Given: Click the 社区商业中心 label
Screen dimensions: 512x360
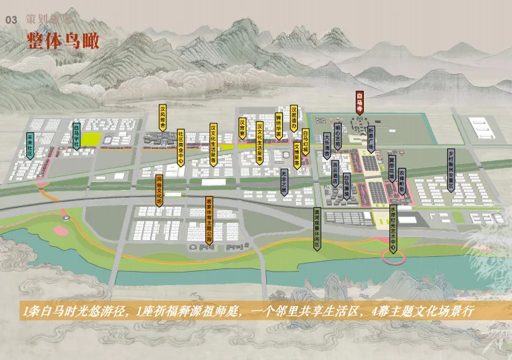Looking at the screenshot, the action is pos(181,148).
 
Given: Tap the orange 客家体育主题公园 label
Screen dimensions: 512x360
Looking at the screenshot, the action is pos(210,220).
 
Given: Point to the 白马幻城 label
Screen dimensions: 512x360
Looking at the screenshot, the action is pos(305,142).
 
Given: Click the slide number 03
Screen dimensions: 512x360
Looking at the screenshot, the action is pos(10,21).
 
